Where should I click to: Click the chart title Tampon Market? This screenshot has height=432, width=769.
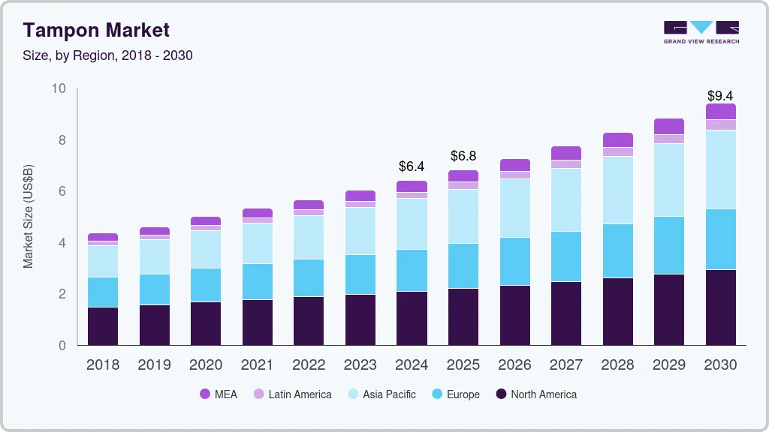click(96, 30)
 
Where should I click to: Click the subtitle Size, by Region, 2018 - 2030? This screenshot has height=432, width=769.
click(107, 55)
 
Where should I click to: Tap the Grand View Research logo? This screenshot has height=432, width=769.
click(701, 31)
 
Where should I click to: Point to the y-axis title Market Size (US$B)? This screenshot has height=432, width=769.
click(29, 217)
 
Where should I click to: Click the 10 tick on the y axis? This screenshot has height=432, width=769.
click(59, 88)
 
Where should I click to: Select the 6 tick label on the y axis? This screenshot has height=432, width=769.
click(62, 191)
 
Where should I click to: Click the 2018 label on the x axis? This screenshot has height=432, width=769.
click(103, 365)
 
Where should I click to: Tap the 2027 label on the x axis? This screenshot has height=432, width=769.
click(566, 365)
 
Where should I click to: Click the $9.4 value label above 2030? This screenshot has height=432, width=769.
click(720, 96)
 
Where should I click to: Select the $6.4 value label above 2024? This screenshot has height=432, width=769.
click(412, 166)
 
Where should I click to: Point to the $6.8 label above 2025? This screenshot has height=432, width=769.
click(463, 156)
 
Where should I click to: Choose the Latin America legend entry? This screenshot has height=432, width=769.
click(292, 394)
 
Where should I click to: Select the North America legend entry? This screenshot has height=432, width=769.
click(535, 394)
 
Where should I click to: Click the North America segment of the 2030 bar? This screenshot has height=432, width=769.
click(721, 307)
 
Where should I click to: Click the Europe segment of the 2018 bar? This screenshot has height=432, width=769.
click(103, 292)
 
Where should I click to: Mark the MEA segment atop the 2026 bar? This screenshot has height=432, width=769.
click(515, 165)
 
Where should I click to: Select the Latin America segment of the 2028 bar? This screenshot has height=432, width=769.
click(618, 151)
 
